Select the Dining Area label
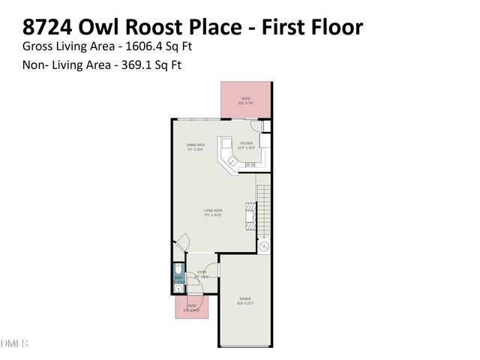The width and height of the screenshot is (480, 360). point(196,147)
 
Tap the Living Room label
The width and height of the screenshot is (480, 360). point(213,212)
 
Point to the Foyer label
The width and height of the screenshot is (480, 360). point(202,274)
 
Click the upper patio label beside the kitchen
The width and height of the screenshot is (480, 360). point(245,100)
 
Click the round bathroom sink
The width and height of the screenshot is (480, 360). point(178,286)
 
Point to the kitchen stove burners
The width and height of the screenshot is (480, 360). point(250,165)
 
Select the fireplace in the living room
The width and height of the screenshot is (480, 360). point(250,218)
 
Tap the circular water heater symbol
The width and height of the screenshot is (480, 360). point(263,246)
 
